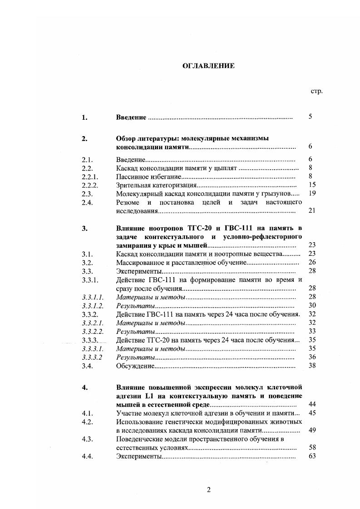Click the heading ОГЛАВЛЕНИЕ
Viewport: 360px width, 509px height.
(208, 66)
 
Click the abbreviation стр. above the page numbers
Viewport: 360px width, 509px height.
(316, 91)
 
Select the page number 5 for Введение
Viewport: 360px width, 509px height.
(310, 117)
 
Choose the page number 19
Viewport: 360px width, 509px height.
(311, 193)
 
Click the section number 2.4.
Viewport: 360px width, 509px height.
(87, 202)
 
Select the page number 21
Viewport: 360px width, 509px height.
(311, 210)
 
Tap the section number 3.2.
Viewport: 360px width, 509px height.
(87, 262)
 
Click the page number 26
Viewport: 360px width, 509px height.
(311, 262)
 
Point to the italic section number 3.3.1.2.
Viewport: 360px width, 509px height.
(93, 306)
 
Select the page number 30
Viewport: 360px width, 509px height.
(311, 305)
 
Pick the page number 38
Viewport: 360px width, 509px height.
(311, 366)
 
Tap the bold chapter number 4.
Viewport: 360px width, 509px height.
(84, 387)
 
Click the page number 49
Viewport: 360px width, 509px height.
(311, 430)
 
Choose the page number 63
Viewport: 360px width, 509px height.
(311, 456)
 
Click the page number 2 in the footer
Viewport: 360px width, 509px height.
(208, 489)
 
